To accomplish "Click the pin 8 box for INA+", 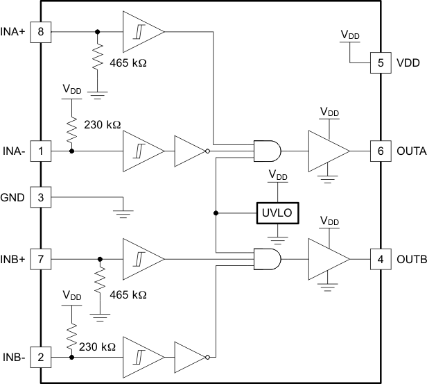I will point(41,32).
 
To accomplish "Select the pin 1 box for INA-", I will point(41,150).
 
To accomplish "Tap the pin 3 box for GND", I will point(41,197).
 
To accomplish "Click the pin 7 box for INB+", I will point(41,259).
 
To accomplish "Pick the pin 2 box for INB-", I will point(41,358).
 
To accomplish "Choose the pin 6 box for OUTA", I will point(381,150).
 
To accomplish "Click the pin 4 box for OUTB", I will point(381,259).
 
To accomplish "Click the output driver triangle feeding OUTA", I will point(326,150).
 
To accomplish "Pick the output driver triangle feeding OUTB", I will point(326,259).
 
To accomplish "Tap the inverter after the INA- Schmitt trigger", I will point(189,150).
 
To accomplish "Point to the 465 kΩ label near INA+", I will point(129,62).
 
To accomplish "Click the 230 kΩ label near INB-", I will point(97,344).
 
